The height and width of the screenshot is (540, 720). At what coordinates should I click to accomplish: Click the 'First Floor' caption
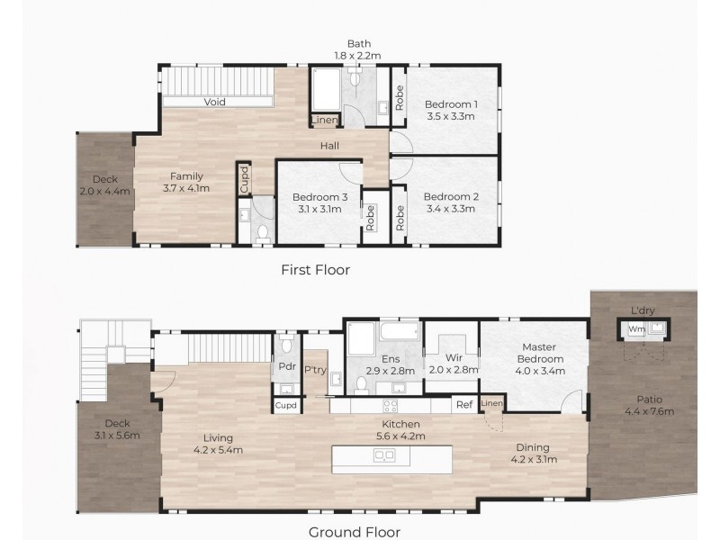pos(315,269)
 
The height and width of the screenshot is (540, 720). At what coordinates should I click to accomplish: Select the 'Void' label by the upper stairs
pos(214,103)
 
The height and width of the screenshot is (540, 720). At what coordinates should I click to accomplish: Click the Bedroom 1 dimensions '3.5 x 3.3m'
pos(451,116)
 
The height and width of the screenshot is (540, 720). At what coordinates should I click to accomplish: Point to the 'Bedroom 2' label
pos(450,196)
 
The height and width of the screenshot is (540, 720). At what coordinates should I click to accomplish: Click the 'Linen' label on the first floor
pos(325,121)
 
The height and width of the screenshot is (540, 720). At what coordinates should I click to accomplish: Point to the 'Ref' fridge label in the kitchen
pos(463,405)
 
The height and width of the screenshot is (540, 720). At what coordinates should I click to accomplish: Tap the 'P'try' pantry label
pos(315,370)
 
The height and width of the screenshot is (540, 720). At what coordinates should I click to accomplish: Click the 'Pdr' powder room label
pos(286,367)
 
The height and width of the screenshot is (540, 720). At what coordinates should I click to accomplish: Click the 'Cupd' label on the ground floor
pos(287,406)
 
